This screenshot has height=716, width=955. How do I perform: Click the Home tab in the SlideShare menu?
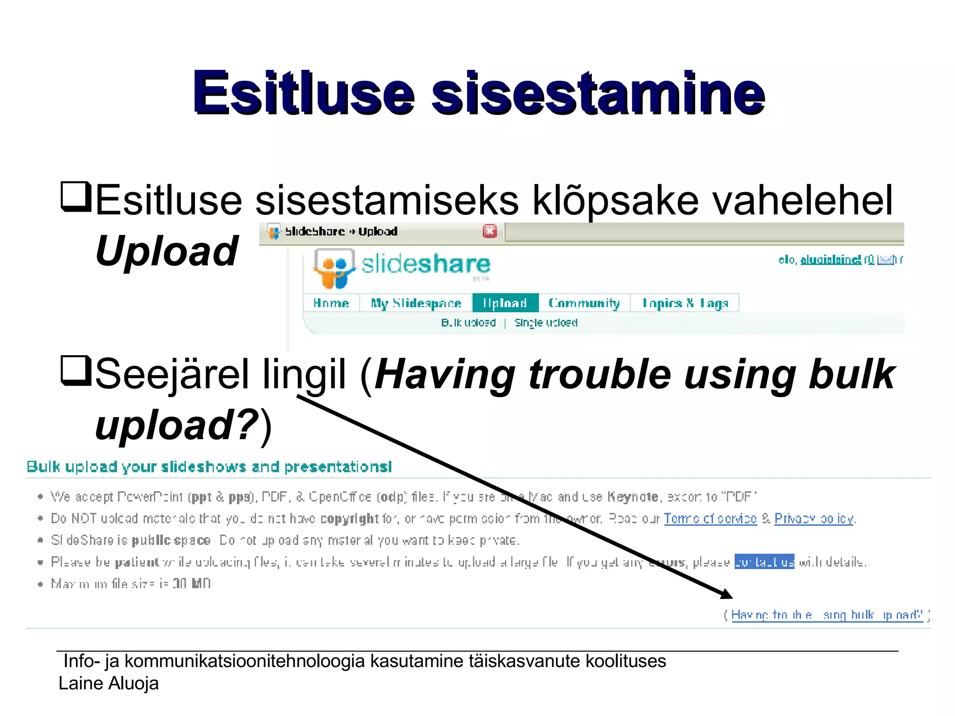pyautogui.click(x=331, y=303)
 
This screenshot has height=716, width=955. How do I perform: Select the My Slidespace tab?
pyautogui.click(x=416, y=303)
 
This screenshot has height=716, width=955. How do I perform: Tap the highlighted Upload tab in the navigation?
pyautogui.click(x=505, y=303)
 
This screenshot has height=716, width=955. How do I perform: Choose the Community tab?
pyautogui.click(x=584, y=303)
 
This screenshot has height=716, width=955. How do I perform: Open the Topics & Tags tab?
pyautogui.click(x=685, y=303)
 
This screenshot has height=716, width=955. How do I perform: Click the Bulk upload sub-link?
pyautogui.click(x=468, y=323)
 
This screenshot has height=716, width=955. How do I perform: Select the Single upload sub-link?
pyautogui.click(x=546, y=323)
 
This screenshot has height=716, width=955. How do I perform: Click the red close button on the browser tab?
pyautogui.click(x=490, y=231)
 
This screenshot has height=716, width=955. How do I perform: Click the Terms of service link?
pyautogui.click(x=710, y=518)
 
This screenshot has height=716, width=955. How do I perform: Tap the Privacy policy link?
pyautogui.click(x=814, y=518)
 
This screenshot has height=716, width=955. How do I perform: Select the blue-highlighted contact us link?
pyautogui.click(x=764, y=562)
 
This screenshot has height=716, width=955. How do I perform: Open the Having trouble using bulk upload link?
pyautogui.click(x=827, y=615)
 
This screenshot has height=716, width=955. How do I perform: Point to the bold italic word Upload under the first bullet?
pyautogui.click(x=166, y=251)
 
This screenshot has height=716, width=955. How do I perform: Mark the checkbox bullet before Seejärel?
pyautogui.click(x=75, y=371)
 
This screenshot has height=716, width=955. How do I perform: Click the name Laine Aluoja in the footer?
pyautogui.click(x=109, y=683)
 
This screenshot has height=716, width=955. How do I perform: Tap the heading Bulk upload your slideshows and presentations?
pyautogui.click(x=209, y=467)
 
